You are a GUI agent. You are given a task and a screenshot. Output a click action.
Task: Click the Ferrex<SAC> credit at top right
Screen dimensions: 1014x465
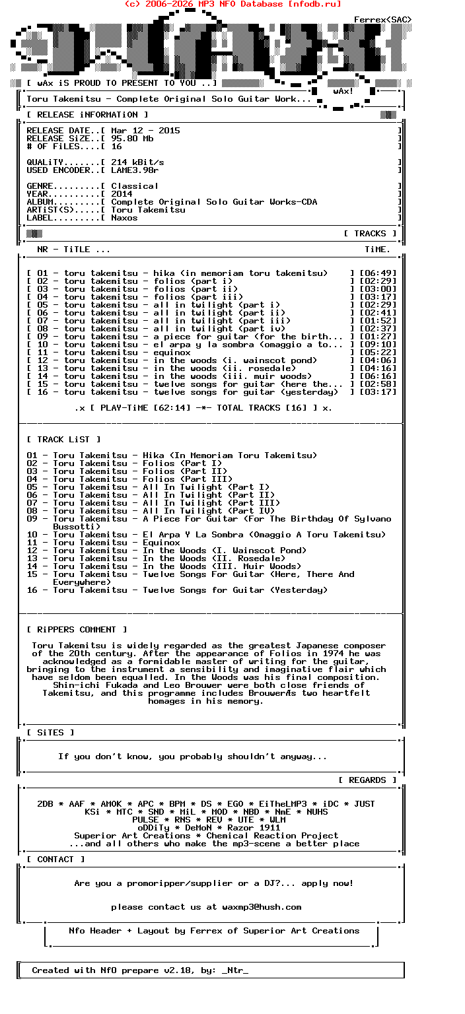(382, 20)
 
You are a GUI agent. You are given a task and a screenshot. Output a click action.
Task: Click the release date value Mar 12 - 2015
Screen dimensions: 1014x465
(145, 131)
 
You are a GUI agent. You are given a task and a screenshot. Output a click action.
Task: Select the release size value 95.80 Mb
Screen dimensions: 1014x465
(132, 139)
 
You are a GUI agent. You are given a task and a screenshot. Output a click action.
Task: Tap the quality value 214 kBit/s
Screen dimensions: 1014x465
(137, 162)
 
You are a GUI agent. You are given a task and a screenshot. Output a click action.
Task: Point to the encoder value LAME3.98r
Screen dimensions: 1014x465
(135, 170)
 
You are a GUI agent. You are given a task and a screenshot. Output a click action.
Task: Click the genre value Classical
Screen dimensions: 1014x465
(135, 186)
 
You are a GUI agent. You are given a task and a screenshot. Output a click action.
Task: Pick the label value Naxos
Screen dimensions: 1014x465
(124, 218)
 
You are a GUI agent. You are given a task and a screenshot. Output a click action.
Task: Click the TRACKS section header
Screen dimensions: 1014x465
(370, 234)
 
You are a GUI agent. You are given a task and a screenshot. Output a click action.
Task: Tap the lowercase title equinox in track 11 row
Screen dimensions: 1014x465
(172, 353)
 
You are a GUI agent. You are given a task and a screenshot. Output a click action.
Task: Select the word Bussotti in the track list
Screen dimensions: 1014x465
(77, 527)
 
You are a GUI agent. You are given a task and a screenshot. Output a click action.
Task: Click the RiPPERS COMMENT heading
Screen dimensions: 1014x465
(77, 630)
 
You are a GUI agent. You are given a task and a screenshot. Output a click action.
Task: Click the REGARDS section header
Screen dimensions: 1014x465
(367, 780)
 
